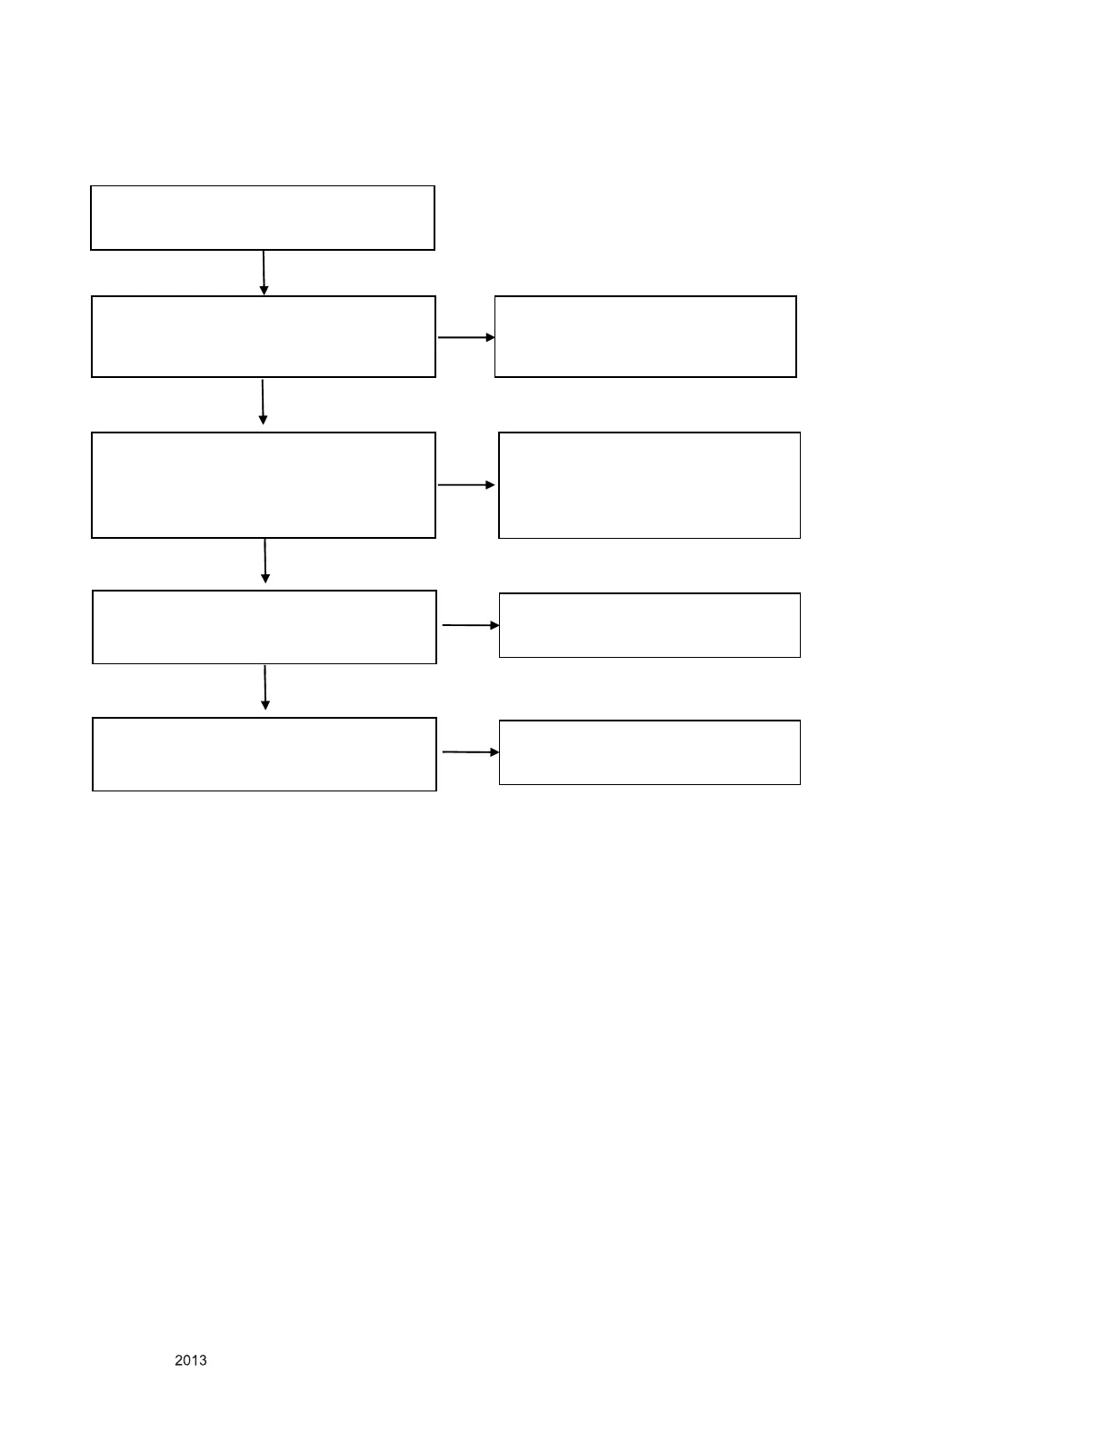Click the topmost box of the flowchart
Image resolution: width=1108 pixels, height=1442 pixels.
tap(263, 218)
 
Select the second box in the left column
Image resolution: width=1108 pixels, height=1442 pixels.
tap(264, 336)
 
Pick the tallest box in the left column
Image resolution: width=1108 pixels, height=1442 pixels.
tap(264, 485)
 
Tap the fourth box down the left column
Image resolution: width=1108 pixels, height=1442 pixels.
tap(265, 627)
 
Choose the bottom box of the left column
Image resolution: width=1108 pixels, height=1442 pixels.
tap(265, 754)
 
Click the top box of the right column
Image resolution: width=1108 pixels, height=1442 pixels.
tap(645, 336)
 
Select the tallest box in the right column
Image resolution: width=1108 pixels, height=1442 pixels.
tap(650, 485)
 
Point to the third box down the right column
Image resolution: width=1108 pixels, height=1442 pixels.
tap(650, 625)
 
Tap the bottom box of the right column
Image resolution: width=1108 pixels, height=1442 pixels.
tap(650, 752)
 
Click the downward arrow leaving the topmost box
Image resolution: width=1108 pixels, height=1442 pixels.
tap(264, 273)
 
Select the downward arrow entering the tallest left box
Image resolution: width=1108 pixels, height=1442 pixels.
tap(263, 403)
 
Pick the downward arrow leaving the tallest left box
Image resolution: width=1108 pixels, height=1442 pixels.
tap(265, 561)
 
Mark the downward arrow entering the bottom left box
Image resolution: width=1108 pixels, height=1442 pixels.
tap(265, 688)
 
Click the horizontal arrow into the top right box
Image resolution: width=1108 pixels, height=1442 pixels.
tap(466, 337)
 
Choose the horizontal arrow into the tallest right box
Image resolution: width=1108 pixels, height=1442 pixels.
tap(466, 485)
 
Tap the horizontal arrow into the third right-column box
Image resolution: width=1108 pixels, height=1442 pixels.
tap(470, 625)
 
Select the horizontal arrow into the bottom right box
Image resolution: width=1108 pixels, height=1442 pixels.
tap(470, 752)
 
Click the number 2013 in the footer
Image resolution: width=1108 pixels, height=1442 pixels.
tap(191, 1360)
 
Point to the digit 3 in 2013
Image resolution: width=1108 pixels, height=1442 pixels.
tap(203, 1360)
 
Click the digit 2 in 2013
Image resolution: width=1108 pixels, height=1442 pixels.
tap(179, 1360)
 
